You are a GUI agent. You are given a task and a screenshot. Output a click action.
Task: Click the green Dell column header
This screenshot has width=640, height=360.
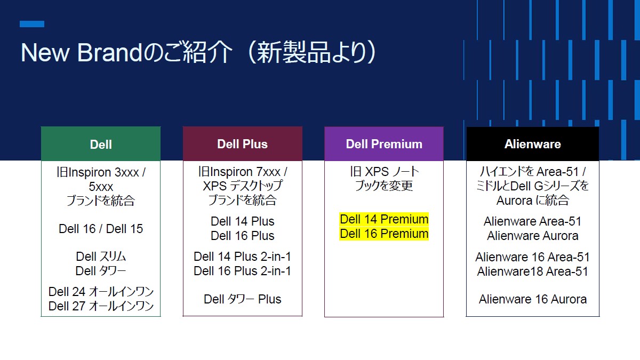(101, 144)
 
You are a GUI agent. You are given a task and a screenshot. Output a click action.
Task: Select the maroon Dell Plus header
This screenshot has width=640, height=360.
(242, 144)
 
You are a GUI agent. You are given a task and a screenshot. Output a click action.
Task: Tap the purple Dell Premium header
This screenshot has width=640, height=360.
(384, 144)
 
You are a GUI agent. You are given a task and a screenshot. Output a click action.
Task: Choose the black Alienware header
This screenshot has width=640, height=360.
(532, 144)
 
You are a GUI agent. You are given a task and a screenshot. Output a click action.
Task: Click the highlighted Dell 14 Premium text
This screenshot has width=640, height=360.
(384, 219)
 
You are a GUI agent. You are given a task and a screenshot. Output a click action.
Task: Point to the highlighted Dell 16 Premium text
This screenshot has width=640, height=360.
(384, 234)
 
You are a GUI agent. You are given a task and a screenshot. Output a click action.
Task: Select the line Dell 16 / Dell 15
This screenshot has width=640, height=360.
(101, 229)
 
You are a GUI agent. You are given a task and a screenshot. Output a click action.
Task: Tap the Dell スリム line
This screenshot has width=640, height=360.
(101, 257)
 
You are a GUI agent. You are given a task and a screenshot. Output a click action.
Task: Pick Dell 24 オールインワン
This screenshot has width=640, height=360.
(101, 292)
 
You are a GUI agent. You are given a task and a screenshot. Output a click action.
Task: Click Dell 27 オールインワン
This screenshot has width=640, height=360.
(101, 306)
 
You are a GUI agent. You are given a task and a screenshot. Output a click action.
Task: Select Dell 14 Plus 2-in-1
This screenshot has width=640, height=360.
(242, 257)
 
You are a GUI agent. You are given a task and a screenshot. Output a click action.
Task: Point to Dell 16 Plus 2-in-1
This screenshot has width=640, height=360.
(242, 271)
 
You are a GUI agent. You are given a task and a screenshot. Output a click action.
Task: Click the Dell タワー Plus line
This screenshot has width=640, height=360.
(242, 299)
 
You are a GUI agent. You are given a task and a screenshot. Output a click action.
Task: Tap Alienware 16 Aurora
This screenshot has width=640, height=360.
(532, 299)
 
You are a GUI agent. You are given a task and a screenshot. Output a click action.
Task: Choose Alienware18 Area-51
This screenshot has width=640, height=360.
(532, 271)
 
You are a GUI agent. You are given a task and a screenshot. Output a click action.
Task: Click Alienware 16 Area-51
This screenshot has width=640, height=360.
(532, 257)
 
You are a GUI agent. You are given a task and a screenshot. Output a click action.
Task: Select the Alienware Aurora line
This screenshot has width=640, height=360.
(532, 236)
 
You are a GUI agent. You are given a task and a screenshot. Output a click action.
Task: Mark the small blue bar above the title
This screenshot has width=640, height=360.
(32, 24)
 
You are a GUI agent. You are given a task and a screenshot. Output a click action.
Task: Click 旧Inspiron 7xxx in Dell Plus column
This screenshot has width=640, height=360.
(242, 172)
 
